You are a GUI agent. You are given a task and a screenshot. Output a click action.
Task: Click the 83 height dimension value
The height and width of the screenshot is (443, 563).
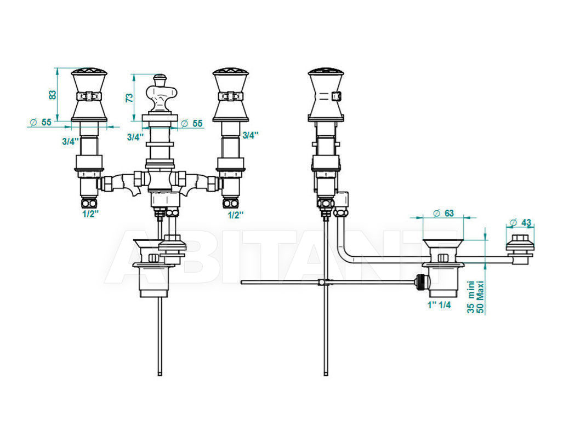(x=53, y=95)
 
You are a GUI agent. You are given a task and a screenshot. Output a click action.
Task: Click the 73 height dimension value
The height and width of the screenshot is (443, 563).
(x=129, y=97)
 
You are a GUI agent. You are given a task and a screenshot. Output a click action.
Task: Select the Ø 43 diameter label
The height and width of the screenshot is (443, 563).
(x=521, y=223)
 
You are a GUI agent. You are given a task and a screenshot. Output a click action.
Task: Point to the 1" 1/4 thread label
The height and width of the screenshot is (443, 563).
(x=439, y=305)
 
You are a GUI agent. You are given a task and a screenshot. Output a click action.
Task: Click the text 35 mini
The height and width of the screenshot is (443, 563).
(x=471, y=297)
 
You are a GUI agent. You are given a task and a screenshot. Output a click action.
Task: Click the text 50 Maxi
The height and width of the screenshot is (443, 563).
(x=480, y=297)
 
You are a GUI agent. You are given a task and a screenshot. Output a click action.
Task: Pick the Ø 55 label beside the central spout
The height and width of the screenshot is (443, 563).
(x=192, y=123)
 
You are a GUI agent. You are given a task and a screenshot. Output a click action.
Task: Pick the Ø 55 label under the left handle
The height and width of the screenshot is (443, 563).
(x=41, y=122)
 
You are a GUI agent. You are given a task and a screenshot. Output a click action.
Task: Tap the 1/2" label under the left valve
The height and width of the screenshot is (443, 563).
(x=90, y=214)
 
